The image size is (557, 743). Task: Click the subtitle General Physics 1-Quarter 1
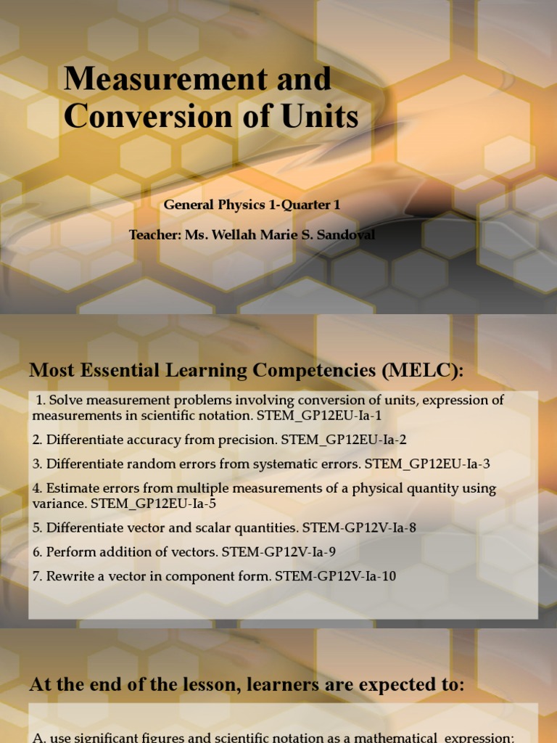pyautogui.click(x=252, y=205)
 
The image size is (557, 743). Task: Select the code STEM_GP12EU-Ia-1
pyautogui.click(x=319, y=415)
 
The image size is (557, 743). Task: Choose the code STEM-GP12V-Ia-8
pyautogui.click(x=359, y=528)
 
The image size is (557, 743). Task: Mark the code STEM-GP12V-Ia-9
pyautogui.click(x=278, y=551)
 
